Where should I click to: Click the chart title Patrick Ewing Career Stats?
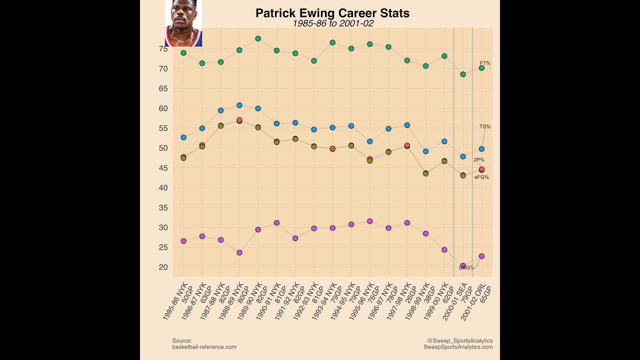(x=332, y=13)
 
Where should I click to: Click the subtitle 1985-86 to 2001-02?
(x=333, y=23)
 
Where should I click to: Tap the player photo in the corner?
(x=183, y=23)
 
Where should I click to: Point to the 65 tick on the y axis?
(x=163, y=88)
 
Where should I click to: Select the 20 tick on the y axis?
(x=163, y=267)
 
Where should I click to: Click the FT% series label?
(x=485, y=63)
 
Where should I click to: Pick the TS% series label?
(x=485, y=126)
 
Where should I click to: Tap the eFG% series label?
(x=481, y=177)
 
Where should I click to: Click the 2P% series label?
(x=479, y=160)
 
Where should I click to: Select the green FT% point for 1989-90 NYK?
(x=258, y=38)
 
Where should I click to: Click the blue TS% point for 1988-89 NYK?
(x=239, y=105)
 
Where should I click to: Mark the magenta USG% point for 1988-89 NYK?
(x=239, y=252)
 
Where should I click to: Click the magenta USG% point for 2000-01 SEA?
(x=463, y=266)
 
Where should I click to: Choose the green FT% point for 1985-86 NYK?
(x=183, y=53)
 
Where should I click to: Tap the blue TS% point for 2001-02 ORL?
(x=481, y=149)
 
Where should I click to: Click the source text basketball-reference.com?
(x=204, y=346)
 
